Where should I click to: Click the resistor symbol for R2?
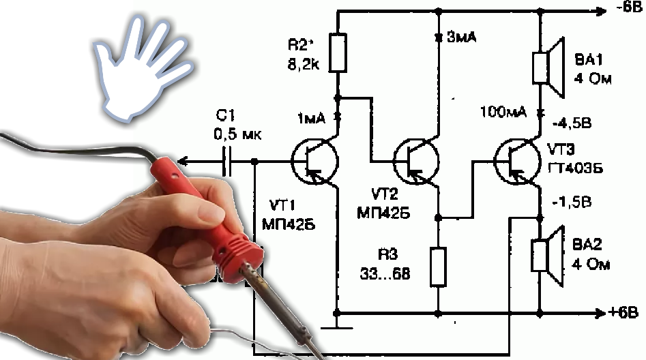pos(338,53)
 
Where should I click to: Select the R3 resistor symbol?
pos(439,267)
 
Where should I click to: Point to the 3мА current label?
pos(462,38)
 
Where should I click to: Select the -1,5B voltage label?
pos(573,202)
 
